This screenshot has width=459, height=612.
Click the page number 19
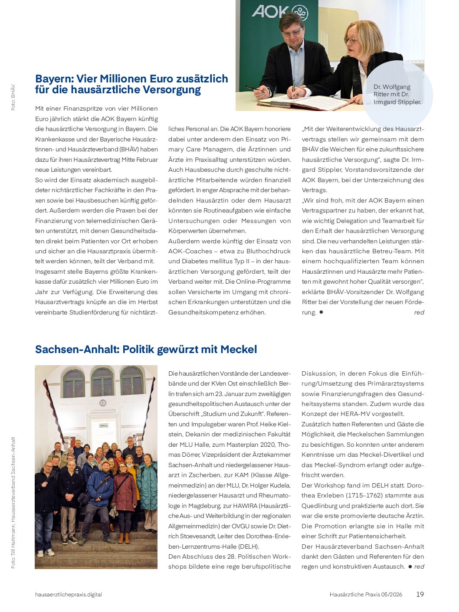pos(420,594)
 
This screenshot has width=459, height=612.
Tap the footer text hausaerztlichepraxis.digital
pos(69,594)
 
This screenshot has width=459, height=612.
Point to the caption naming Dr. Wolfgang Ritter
pos(397,94)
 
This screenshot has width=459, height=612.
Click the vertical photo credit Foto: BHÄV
pos(13,97)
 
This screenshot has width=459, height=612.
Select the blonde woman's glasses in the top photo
pos(351,40)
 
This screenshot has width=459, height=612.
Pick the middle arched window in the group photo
pos(102,383)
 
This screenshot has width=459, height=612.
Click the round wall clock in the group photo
pos(103,403)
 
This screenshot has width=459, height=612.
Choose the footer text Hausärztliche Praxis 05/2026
pos(366,594)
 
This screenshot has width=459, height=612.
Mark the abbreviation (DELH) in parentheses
pos(249,546)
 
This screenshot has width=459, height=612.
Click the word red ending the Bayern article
pos(419,312)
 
